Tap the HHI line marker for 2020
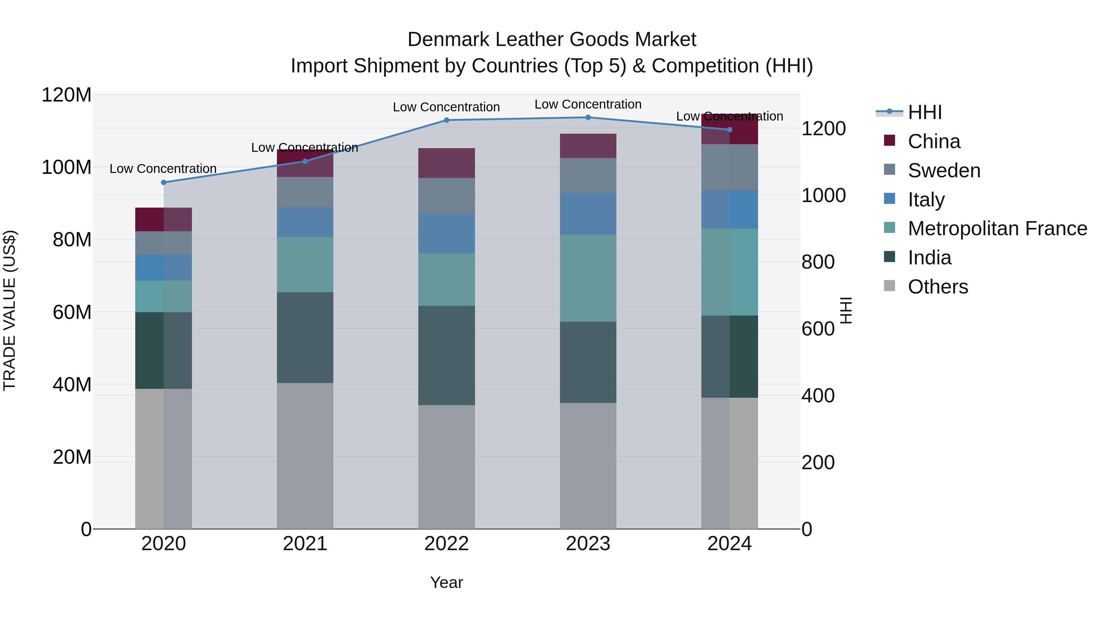point(163,182)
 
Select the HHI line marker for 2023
point(588,117)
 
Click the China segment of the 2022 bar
point(446,163)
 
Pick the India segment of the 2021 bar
point(305,338)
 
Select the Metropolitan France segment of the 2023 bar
point(588,278)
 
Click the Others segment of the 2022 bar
point(446,467)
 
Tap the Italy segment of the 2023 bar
point(588,214)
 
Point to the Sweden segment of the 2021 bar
point(305,192)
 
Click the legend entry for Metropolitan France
point(997,228)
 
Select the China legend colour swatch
point(889,140)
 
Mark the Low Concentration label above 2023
point(588,104)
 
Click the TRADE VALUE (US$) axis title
point(10,310)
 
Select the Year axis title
point(446,582)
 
